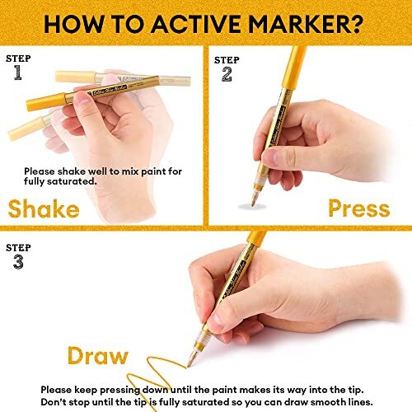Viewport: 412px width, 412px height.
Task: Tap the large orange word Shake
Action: tap(44, 207)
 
